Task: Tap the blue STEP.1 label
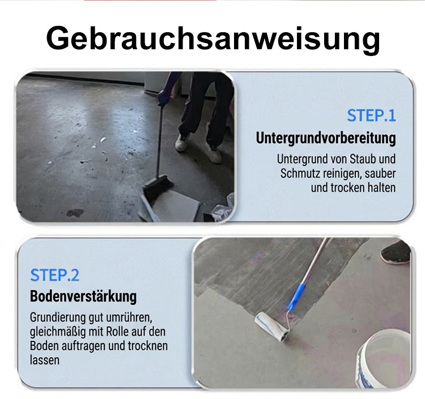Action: [x=371, y=115]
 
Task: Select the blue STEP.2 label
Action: [x=55, y=275]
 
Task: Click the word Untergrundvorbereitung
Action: [x=326, y=138]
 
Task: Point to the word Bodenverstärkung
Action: [x=83, y=296]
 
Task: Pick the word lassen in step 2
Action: [x=44, y=361]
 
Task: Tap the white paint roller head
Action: [x=271, y=326]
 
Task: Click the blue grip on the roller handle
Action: [x=295, y=297]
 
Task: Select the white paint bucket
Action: [x=384, y=358]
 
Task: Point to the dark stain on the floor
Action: [x=75, y=213]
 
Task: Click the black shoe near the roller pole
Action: [x=396, y=252]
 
